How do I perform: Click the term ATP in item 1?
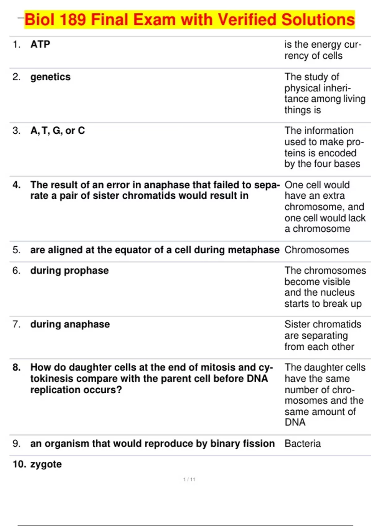[40, 44]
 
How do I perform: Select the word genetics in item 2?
[50, 77]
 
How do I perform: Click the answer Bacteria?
[303, 443]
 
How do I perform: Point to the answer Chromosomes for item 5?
[317, 250]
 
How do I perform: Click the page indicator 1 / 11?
[189, 479]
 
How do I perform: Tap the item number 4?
[17, 185]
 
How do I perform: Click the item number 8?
[17, 367]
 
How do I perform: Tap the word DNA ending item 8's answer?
[295, 422]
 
